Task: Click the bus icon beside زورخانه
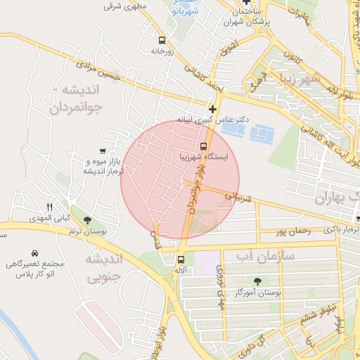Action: coord(162,41)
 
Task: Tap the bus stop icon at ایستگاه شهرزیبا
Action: coord(203,147)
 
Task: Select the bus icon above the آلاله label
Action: coord(181,259)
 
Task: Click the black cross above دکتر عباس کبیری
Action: coord(212,109)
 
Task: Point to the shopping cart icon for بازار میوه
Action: coord(103,150)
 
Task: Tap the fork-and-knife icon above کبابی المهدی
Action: coord(49,207)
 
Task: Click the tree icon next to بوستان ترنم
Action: coord(86,221)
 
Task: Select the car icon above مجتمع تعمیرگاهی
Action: coord(34,252)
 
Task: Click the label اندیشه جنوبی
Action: coord(103,268)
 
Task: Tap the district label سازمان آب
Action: coord(264,254)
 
